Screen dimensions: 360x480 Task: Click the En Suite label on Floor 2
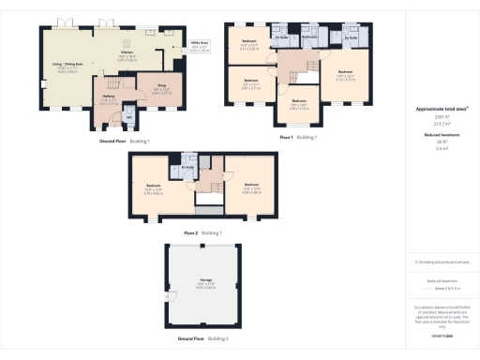point(188,168)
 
